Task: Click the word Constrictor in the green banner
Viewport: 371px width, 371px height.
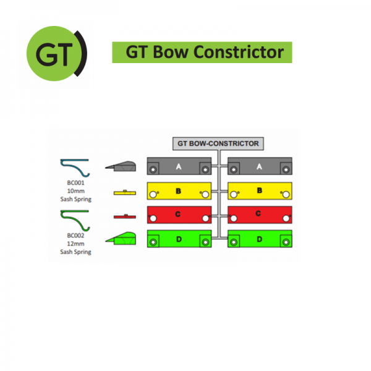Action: tap(239, 52)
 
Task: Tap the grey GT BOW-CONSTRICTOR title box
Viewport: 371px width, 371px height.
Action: tap(218, 143)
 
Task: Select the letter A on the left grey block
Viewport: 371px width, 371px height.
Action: tap(179, 166)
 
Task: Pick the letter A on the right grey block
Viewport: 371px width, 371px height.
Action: tap(259, 166)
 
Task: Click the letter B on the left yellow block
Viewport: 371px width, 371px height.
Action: tap(179, 190)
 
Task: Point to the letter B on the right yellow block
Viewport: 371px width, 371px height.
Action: tap(260, 190)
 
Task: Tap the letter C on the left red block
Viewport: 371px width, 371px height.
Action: tap(178, 214)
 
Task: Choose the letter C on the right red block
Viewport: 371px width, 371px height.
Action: tap(258, 213)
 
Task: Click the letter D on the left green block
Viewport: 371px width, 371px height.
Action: tap(179, 239)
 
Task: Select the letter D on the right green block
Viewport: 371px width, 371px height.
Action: tap(260, 239)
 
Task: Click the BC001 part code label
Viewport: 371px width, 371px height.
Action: tap(75, 182)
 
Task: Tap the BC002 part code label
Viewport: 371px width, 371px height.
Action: tap(75, 236)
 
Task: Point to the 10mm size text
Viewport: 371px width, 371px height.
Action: tap(75, 190)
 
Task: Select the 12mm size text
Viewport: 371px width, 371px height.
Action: tap(75, 244)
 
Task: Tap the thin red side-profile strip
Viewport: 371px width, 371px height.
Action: tap(125, 216)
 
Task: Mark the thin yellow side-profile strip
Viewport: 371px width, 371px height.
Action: tap(125, 192)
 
